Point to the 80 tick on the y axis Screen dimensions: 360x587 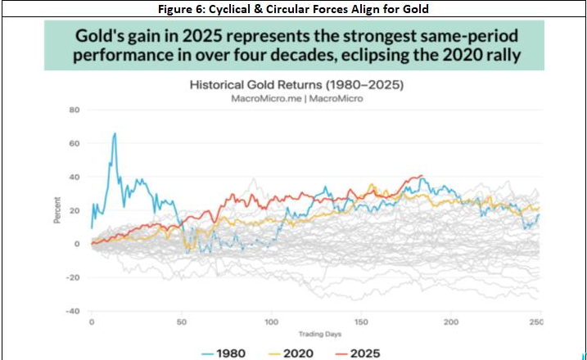(74, 110)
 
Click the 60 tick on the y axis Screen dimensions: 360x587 (74, 143)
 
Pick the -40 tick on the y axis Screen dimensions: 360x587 (72, 311)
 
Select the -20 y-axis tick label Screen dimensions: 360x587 (72, 277)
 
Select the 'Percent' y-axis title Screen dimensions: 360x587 (57, 210)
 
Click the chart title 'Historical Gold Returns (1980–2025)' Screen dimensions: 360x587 (291, 84)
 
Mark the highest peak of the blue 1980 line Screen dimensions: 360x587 (115, 133)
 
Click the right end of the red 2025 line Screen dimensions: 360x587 (422, 176)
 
